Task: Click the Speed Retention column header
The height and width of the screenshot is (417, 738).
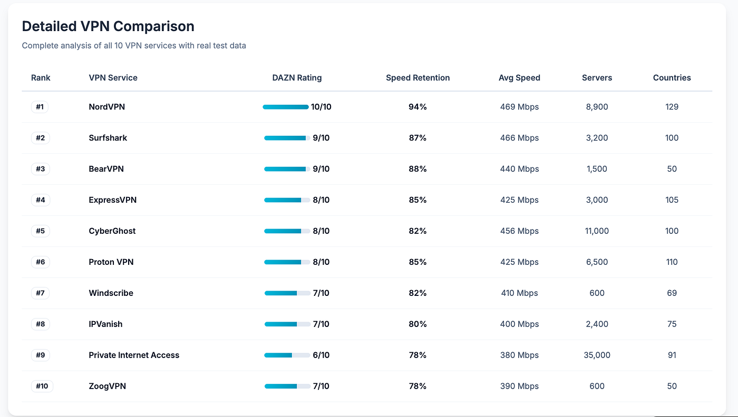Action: (417, 78)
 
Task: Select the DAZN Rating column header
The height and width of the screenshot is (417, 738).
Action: (297, 78)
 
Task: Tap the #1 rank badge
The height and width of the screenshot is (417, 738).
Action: (40, 107)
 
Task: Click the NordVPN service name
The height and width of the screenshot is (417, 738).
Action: (106, 107)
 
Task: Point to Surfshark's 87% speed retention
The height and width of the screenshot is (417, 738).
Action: (417, 138)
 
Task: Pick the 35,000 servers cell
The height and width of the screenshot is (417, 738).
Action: (597, 355)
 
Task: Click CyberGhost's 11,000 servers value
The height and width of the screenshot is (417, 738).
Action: (597, 231)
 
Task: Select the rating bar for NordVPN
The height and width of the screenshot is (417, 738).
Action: (286, 107)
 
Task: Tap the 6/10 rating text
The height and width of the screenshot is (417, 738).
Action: (321, 355)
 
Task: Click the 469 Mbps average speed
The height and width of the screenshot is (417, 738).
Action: (519, 107)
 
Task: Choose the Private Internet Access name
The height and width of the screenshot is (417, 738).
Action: (134, 355)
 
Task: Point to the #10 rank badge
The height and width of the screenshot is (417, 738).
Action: (42, 386)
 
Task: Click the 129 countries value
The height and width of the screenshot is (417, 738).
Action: (672, 107)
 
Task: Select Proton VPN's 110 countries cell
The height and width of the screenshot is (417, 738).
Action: (672, 262)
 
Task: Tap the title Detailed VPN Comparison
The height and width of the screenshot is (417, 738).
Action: (108, 26)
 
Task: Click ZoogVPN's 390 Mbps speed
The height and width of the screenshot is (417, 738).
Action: (519, 386)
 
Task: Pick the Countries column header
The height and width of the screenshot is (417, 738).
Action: (672, 78)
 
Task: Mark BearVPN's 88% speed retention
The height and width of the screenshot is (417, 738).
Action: (417, 169)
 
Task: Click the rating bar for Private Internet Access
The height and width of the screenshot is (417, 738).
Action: (287, 355)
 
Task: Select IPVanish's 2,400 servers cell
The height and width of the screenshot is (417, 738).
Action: (597, 324)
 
